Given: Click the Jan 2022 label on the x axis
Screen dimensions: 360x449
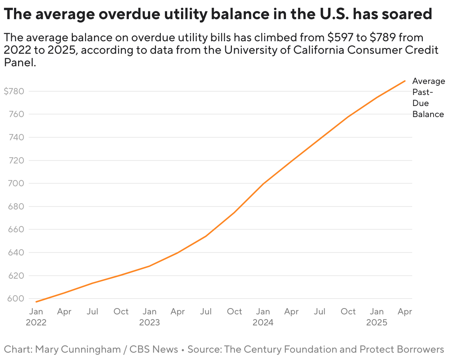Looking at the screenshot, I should coord(36,317).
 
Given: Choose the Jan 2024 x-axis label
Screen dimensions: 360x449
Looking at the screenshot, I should coord(263,317).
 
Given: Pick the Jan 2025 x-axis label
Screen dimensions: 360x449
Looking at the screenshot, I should coord(376,317).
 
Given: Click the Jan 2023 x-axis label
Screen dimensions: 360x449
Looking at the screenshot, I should coord(149,317).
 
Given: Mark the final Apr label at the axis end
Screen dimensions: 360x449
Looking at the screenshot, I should coord(405,312).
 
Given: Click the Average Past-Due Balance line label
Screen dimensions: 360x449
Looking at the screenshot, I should coord(428,98).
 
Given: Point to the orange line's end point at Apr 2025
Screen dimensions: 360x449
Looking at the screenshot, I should coord(405,81).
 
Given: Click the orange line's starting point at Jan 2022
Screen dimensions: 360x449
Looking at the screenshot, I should coord(36,302).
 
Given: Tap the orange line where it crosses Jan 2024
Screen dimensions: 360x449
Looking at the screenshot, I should coord(263,184).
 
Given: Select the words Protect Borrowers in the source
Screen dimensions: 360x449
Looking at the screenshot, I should coord(402,349).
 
